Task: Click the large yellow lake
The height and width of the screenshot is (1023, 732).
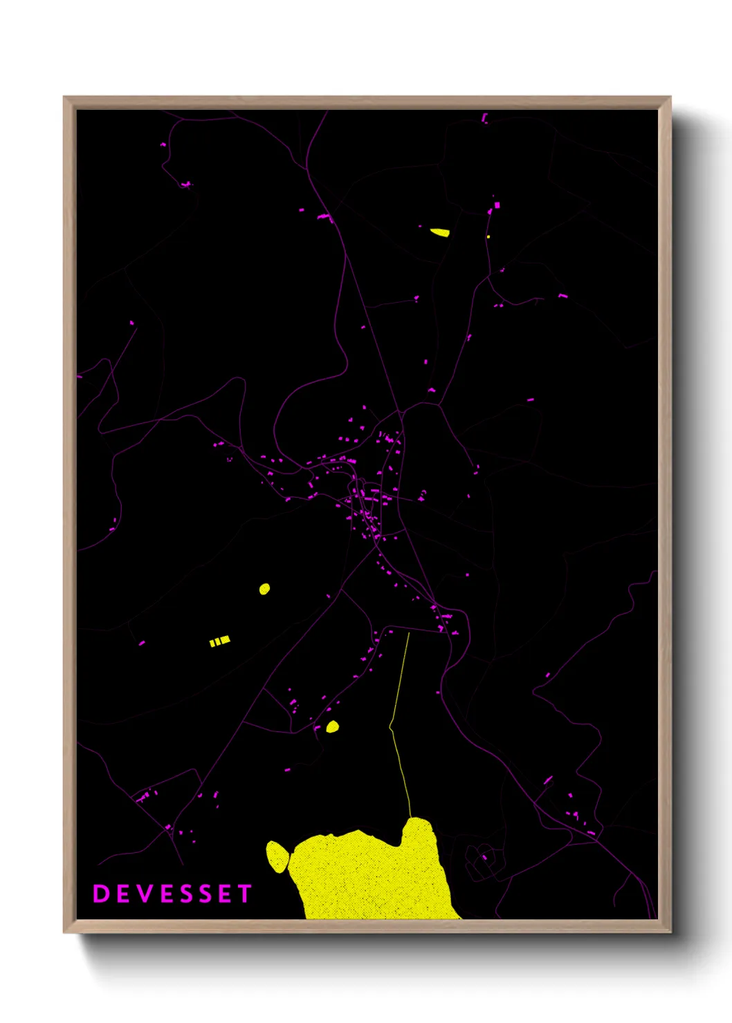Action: (374, 874)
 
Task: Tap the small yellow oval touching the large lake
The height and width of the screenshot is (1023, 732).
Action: (277, 856)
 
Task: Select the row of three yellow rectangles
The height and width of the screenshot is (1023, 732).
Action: (219, 641)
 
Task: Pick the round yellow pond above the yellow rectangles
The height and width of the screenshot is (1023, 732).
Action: (264, 589)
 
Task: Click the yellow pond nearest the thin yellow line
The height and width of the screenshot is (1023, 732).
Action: (333, 726)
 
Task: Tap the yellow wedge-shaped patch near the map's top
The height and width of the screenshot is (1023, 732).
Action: (440, 232)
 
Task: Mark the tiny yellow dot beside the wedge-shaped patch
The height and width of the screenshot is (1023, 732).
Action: (488, 237)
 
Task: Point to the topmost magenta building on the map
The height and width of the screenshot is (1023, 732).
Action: (484, 118)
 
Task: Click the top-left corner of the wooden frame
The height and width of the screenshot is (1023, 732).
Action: (64, 97)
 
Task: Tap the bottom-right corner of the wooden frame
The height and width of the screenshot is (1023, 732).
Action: (670, 932)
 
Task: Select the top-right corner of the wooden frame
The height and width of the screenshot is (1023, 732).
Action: (670, 97)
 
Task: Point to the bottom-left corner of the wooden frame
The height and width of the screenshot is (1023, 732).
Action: (64, 932)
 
